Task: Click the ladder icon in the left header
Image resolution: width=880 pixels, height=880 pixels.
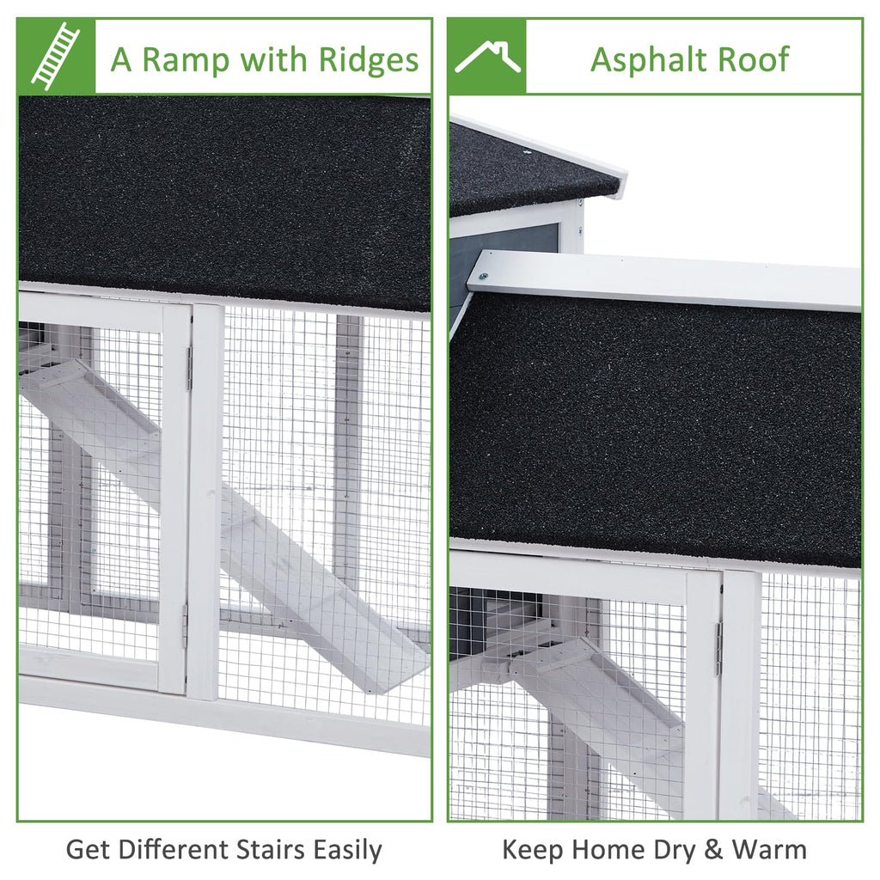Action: coord(56,56)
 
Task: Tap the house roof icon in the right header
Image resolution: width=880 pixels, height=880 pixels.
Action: coord(487,56)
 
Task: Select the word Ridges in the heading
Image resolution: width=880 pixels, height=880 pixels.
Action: coord(368,59)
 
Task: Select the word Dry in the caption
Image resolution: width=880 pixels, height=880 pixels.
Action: coord(674,851)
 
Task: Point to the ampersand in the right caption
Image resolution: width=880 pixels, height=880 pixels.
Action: coord(713,850)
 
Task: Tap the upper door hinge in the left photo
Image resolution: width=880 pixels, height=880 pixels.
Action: coord(190,368)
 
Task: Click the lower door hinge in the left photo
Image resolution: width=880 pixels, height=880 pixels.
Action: coord(185,626)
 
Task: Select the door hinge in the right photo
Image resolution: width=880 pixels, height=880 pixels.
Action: coord(719,648)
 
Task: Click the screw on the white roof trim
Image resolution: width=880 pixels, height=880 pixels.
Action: coord(483,276)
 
